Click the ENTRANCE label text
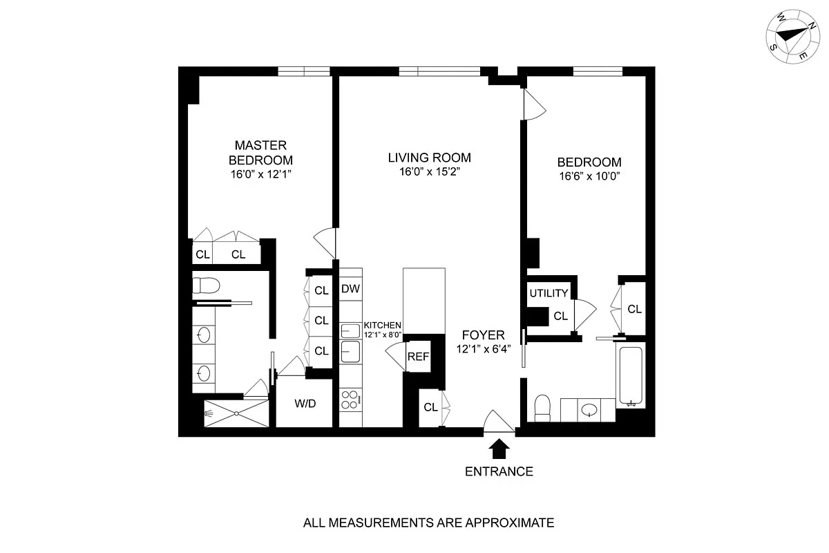coord(499,472)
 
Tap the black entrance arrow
coord(499,449)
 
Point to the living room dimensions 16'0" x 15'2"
coord(429,172)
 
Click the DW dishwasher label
coord(350,290)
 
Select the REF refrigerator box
coord(417,357)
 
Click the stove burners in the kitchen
coord(350,400)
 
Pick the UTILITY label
coord(549,294)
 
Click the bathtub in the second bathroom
coord(631,377)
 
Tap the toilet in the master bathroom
coord(205,285)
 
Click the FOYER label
coord(481,335)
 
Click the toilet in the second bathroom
coord(543,409)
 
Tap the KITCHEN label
coord(382,325)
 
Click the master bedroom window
coord(303,70)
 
